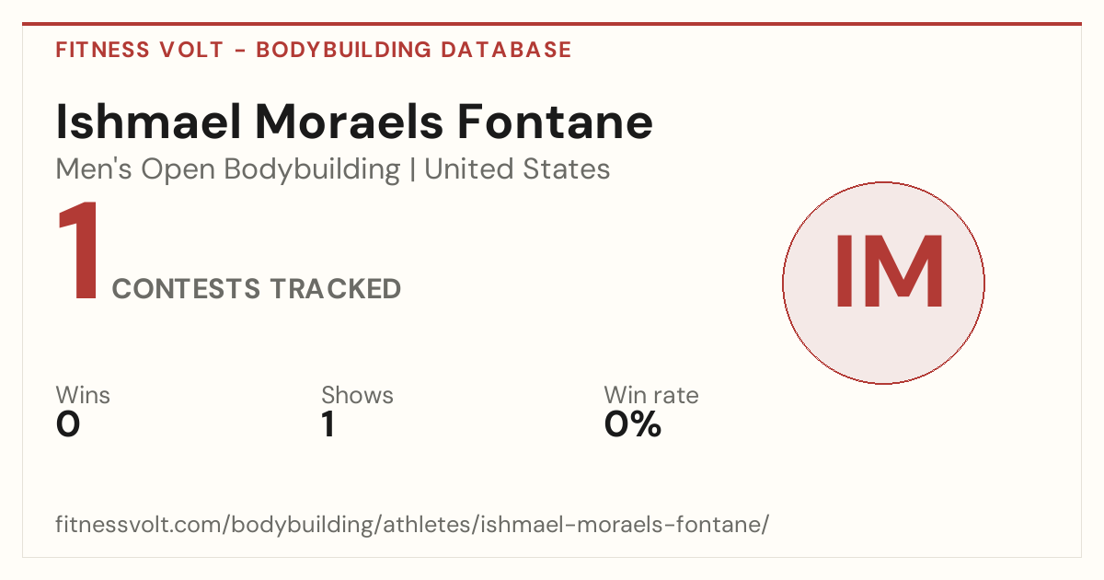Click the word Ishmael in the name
(148, 122)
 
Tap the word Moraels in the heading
(349, 122)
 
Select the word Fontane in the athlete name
(555, 122)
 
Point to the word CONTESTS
(186, 288)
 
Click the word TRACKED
(336, 288)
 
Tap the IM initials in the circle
(889, 272)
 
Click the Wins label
(83, 395)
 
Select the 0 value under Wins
(68, 424)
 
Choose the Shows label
(357, 395)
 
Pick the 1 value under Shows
(328, 424)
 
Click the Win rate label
(651, 395)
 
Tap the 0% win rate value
(632, 424)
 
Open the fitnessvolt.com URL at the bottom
(412, 524)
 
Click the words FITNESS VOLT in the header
(140, 50)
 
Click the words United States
(517, 169)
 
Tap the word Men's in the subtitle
(94, 169)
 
